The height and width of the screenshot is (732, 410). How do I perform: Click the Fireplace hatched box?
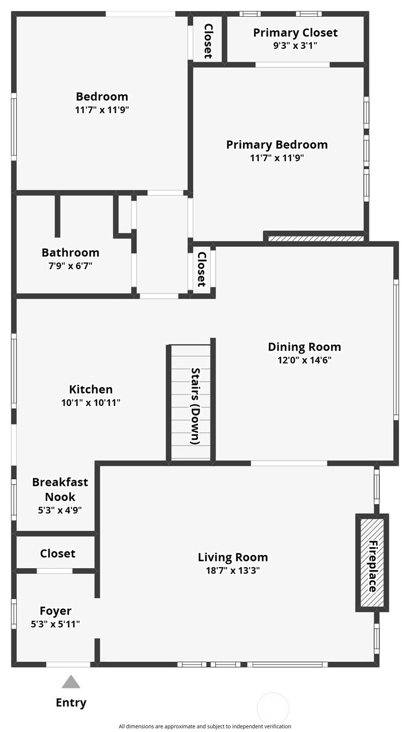[x=372, y=563]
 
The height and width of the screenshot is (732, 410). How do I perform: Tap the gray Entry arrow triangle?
[x=71, y=682]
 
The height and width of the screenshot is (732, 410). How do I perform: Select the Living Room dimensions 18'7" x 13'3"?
[x=233, y=571]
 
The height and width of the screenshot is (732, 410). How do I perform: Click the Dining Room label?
[x=304, y=347]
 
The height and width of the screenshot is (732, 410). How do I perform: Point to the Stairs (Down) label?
[x=195, y=406]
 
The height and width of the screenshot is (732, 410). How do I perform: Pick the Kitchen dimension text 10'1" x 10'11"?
[x=91, y=402]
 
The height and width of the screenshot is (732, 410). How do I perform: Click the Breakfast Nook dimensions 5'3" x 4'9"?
[x=60, y=510]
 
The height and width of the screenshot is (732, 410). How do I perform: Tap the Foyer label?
[x=55, y=611]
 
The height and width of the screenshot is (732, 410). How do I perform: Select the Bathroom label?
[x=70, y=253]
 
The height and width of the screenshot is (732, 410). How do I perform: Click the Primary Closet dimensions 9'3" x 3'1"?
[x=295, y=45]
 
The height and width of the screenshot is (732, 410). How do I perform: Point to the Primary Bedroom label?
[x=277, y=145]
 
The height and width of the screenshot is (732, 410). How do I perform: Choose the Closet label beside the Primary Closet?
[x=208, y=41]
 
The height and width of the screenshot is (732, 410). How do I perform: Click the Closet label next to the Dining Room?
[x=201, y=269]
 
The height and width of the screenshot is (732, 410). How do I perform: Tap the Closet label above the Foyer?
[x=57, y=553]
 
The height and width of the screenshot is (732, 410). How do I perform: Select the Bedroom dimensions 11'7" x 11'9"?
[x=102, y=110]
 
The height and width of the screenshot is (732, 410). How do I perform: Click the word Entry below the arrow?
[x=71, y=702]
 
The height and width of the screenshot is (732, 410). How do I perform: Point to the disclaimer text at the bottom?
[x=205, y=726]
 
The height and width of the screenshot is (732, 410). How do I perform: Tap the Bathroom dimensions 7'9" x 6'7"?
[x=70, y=266]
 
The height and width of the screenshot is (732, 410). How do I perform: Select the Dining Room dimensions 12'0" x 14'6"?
[x=304, y=360]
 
